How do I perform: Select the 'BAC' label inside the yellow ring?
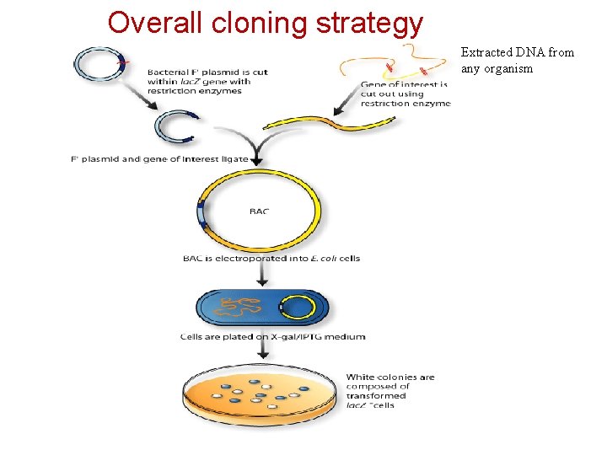click(259, 211)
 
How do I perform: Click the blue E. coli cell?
click(261, 309)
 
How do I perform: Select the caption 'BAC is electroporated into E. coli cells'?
click(271, 258)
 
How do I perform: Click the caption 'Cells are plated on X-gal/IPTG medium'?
click(272, 336)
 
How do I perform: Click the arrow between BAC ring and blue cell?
click(261, 276)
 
